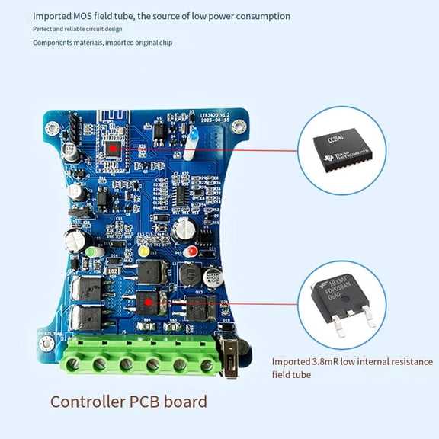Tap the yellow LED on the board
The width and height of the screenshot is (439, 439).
[143, 251]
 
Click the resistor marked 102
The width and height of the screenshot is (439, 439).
[112, 271]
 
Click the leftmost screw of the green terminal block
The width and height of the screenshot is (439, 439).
[73, 364]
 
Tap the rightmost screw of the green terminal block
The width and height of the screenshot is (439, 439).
[207, 364]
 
